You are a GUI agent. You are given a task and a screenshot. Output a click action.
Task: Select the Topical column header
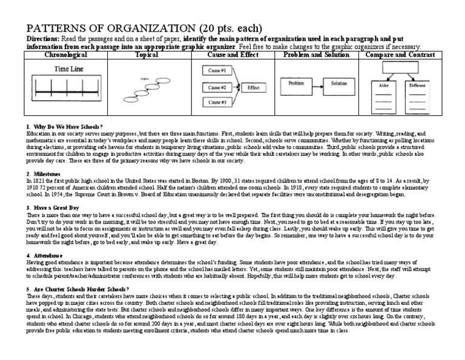tap(148, 55)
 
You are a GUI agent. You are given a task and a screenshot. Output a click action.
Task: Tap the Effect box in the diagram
tap(253, 87)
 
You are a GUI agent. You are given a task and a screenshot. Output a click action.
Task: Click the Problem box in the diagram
tap(295, 83)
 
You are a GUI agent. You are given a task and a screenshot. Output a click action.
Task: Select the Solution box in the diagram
tap(339, 83)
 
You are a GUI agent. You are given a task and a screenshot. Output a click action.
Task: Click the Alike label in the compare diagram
tap(383, 86)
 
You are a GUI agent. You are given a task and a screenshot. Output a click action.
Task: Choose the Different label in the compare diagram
tap(418, 86)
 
